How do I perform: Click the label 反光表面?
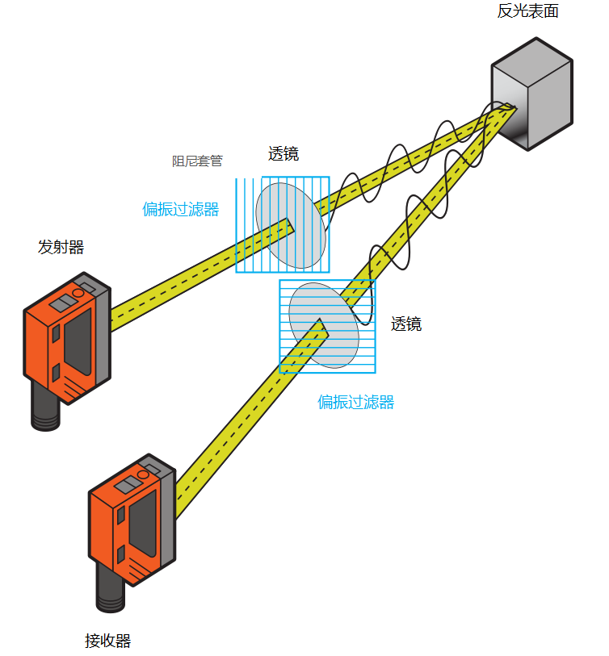click(528, 11)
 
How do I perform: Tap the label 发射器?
click(61, 247)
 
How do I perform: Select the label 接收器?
click(107, 641)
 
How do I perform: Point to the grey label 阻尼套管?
click(197, 161)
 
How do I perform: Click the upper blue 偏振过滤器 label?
click(181, 209)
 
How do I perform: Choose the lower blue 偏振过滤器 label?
click(355, 402)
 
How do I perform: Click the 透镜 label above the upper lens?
click(283, 154)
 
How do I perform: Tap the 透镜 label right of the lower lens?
click(406, 324)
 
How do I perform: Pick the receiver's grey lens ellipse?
click(324, 325)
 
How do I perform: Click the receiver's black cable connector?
click(111, 593)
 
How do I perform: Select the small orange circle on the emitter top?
click(78, 291)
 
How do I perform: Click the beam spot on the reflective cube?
click(506, 108)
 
